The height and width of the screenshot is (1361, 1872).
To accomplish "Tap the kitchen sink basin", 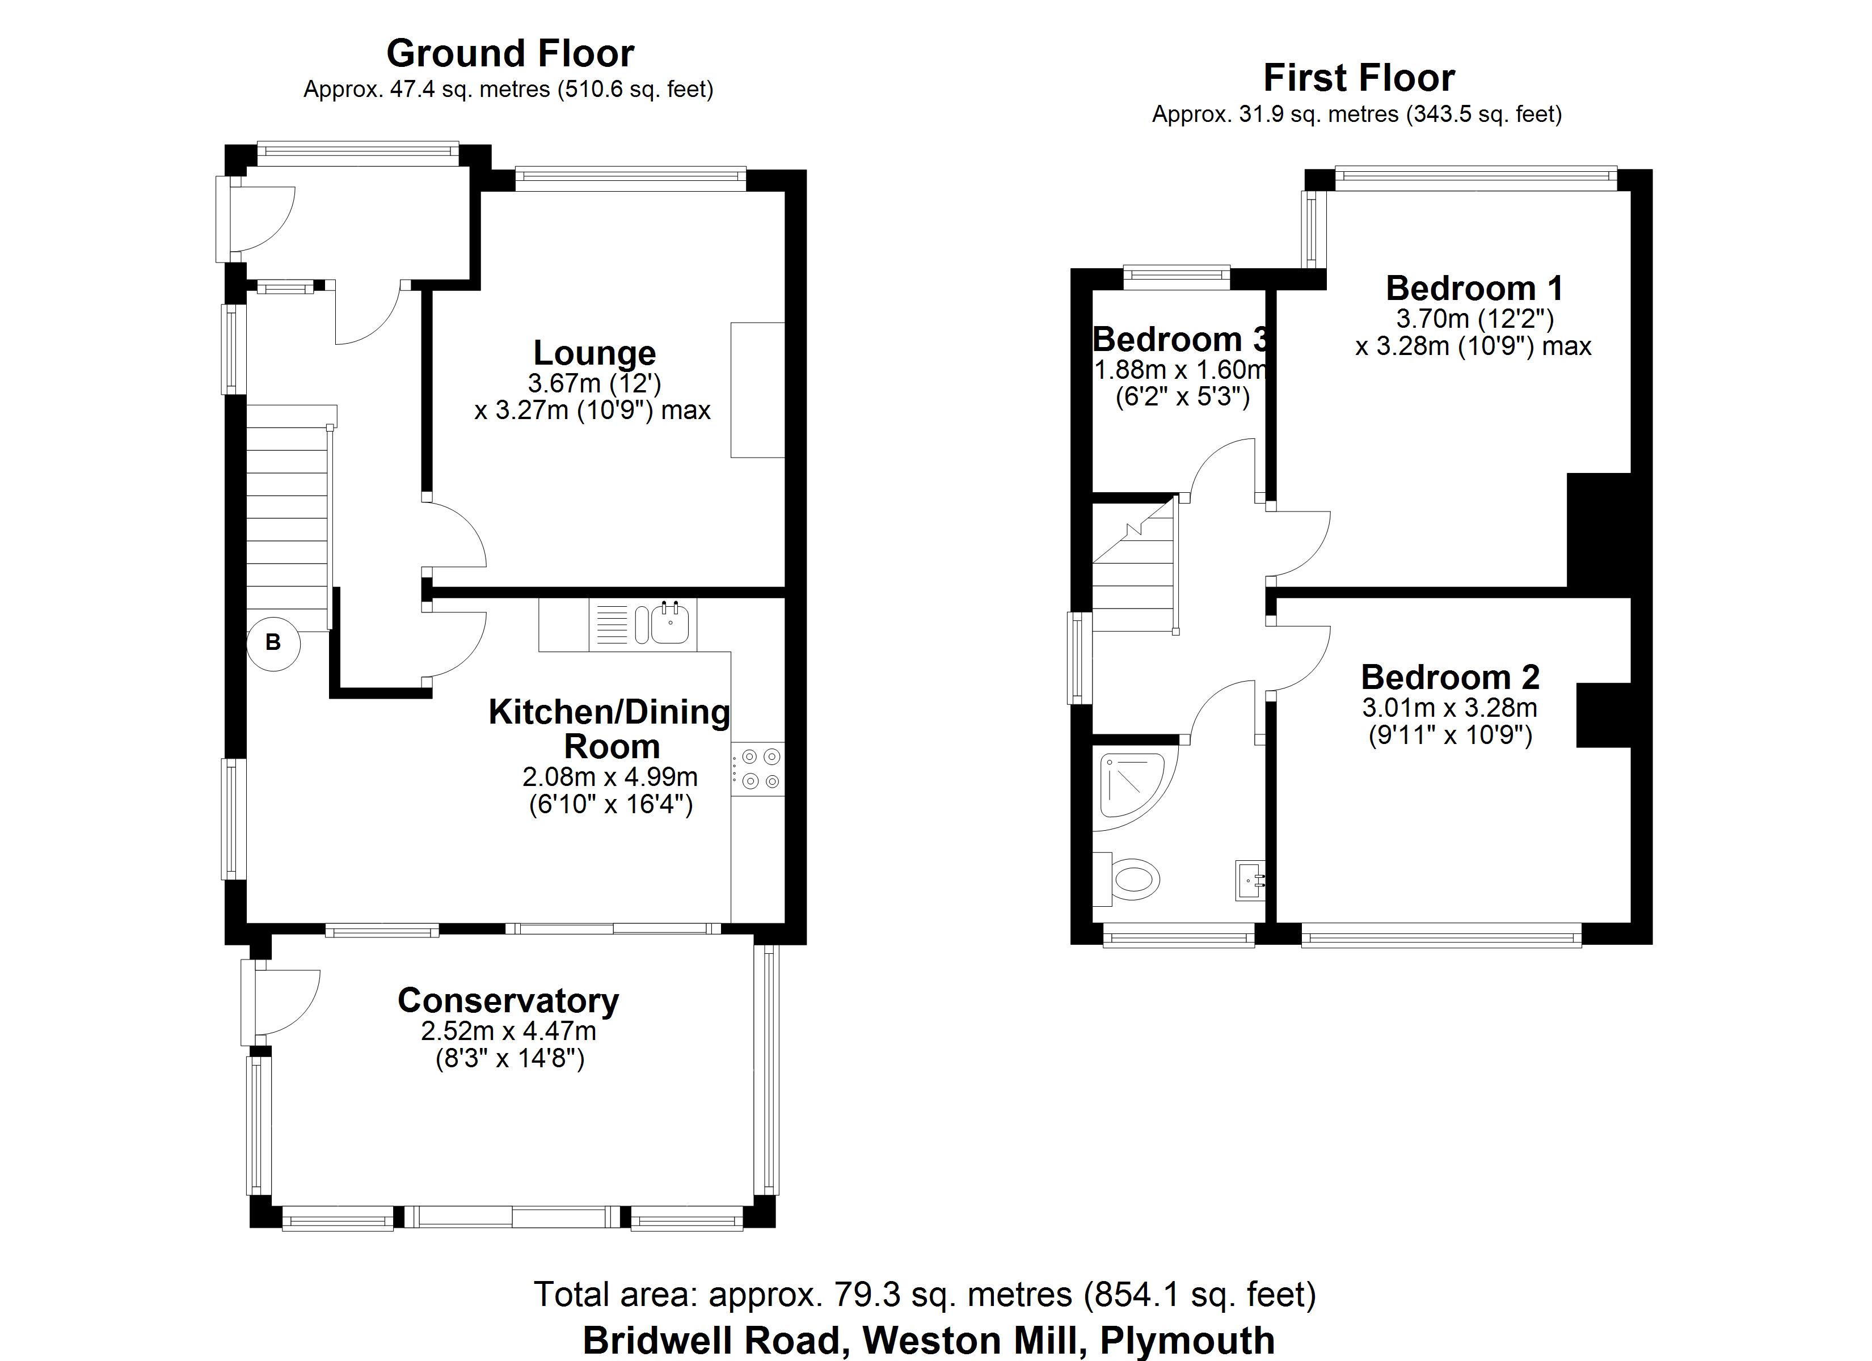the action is [670, 623].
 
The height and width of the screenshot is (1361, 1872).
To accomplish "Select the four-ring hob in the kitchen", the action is [758, 769].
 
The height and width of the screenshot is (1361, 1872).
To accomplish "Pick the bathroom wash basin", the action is [1250, 879].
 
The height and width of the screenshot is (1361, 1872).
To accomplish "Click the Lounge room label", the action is [595, 353].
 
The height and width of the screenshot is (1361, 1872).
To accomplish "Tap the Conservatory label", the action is [508, 1000].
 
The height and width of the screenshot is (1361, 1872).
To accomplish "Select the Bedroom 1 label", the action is [1474, 288].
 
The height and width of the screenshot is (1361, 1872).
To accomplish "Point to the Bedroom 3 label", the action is [1180, 339].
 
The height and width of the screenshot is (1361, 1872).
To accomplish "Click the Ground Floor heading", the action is [510, 54].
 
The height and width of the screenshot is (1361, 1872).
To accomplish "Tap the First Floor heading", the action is [1359, 78].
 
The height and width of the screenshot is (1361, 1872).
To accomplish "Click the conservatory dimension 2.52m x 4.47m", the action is [508, 1031].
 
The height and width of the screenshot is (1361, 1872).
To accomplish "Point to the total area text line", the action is [925, 1294].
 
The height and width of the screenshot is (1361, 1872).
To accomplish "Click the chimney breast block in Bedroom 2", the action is [1604, 715].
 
